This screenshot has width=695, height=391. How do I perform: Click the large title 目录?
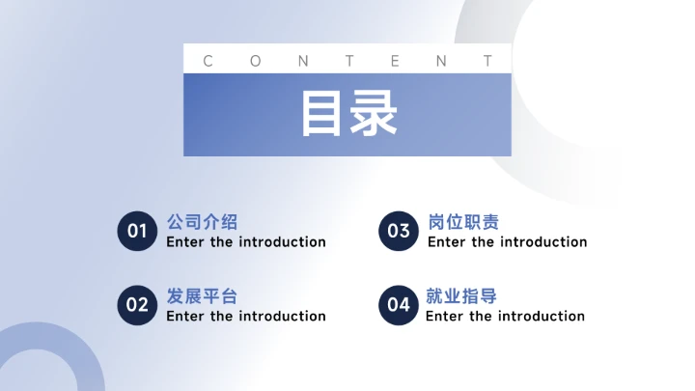click(347, 114)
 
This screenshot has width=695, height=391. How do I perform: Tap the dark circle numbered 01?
click(137, 231)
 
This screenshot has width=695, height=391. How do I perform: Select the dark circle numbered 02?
click(137, 305)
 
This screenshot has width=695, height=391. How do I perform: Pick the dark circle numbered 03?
click(399, 231)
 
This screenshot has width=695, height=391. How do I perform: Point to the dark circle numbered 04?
click(399, 305)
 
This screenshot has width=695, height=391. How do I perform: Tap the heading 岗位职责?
click(462, 221)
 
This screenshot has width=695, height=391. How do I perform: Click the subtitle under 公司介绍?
click(246, 242)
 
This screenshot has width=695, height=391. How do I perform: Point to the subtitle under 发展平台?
click(246, 317)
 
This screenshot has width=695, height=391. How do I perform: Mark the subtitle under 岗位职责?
click(508, 242)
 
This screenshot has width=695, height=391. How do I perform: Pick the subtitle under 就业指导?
click(505, 317)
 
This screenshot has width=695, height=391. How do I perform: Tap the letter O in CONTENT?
click(255, 61)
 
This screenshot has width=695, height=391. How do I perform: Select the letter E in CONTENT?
click(395, 61)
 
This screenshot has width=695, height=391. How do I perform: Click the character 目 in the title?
click(322, 114)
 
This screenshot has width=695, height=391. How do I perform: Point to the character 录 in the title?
click(374, 114)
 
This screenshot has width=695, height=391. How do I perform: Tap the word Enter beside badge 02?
click(185, 317)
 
